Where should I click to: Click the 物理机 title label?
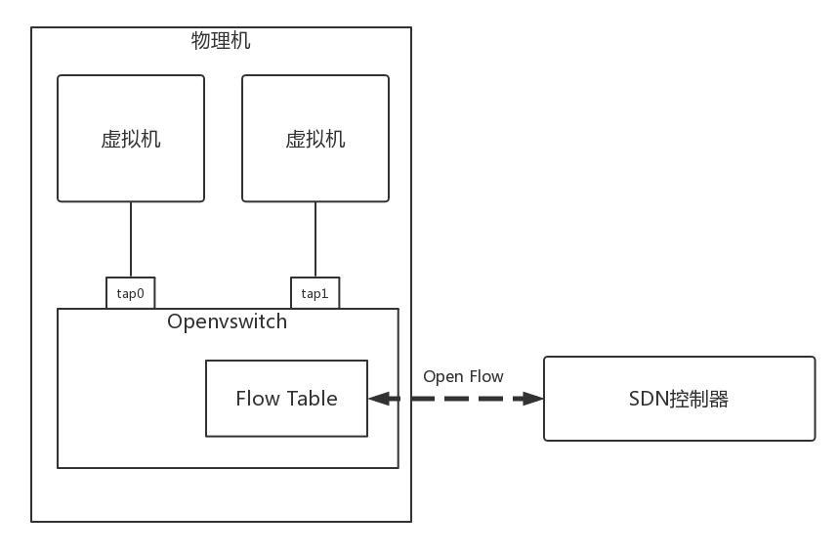pos(222,41)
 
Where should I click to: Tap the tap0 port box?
pos(131,293)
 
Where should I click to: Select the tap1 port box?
pos(315,293)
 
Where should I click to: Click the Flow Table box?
pos(286,399)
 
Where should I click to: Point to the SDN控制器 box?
pos(679,399)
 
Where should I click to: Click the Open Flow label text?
pos(463,376)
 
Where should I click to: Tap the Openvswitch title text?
pos(228,321)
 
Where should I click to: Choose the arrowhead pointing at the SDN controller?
pos(532,399)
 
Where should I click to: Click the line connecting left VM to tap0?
pos(131,239)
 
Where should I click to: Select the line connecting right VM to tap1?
pos(315,239)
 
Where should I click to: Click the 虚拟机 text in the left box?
pos(131,139)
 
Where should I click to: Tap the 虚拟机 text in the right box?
pos(315,139)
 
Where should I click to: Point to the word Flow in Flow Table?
pos(258,399)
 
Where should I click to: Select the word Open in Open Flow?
pos(443,376)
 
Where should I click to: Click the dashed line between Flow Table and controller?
pos(455,399)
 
